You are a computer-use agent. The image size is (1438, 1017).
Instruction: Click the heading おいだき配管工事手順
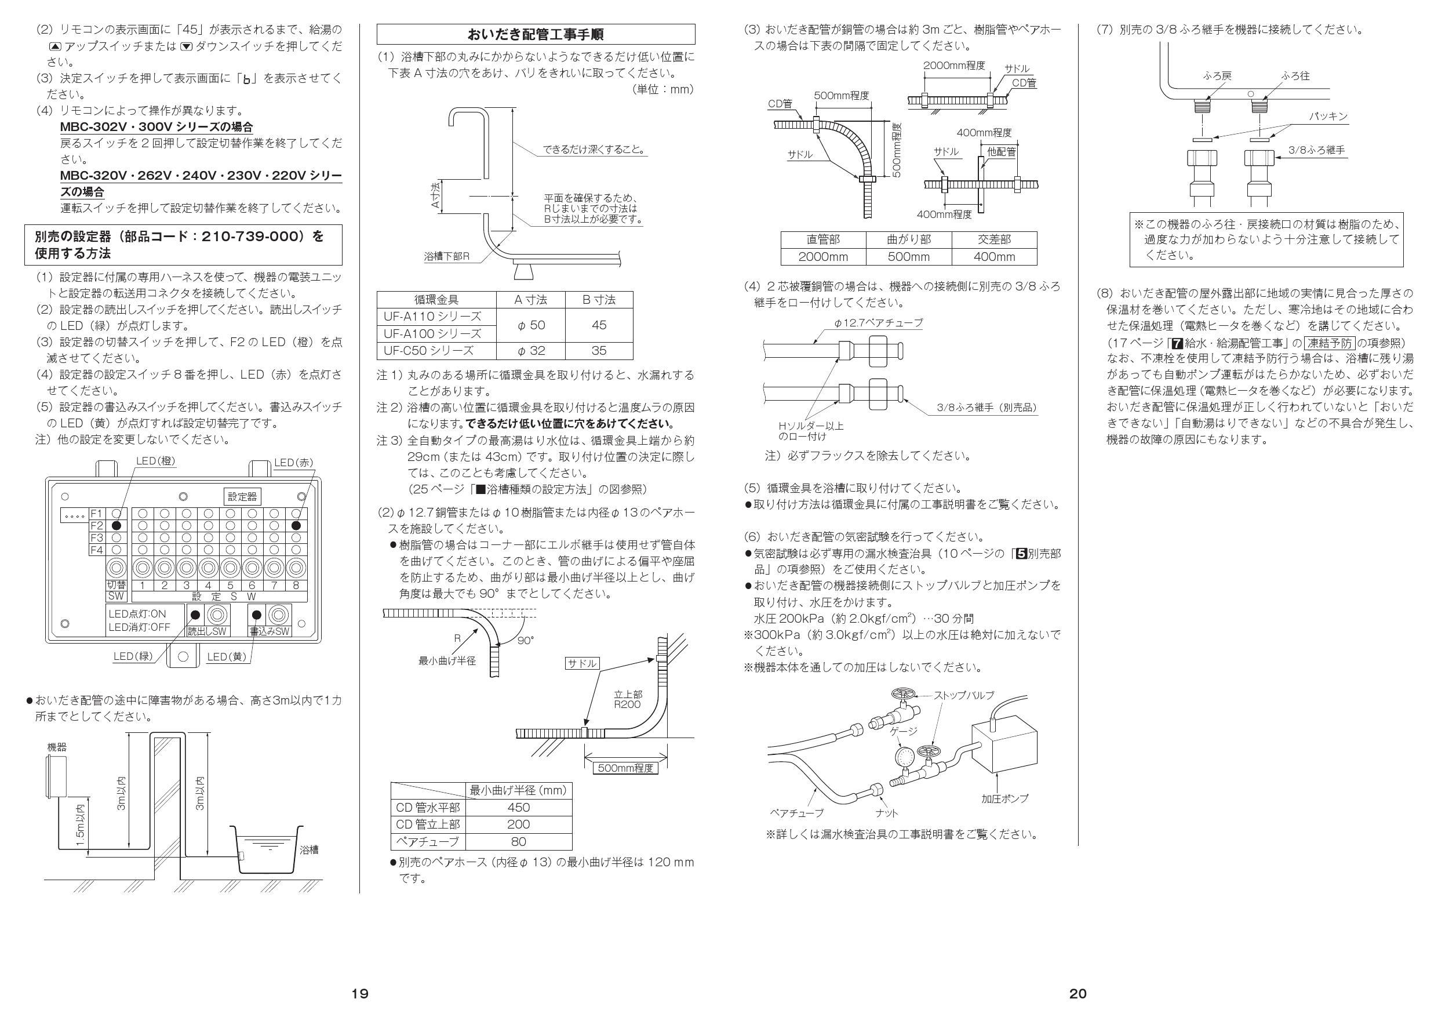coord(536,34)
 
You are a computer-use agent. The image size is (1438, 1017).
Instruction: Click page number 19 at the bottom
coord(359,993)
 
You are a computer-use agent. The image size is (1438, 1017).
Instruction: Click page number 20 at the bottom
coord(1078,993)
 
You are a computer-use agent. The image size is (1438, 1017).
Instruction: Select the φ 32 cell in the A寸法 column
coord(530,350)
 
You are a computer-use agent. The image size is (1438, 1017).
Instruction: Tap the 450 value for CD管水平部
coord(518,808)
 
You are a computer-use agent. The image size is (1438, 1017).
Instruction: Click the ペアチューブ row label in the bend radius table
coord(427,841)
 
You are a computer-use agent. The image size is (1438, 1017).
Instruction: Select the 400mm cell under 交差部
coord(994,257)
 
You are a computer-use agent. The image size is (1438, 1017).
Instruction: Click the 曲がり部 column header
coord(909,240)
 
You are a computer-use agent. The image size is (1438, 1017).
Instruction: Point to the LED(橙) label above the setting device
coord(155,461)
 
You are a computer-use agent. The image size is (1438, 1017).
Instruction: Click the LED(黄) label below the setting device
coord(226,656)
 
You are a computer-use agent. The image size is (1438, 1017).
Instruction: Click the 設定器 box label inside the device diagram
coord(242,496)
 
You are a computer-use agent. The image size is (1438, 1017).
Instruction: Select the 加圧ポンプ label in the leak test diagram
coord(1004,798)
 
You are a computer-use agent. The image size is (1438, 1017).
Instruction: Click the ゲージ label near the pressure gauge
coord(904,731)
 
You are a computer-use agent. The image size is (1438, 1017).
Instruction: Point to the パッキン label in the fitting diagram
coord(1328,117)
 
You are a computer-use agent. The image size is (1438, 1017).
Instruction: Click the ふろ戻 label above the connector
coord(1218,76)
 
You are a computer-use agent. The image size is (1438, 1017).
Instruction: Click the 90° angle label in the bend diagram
coord(526,640)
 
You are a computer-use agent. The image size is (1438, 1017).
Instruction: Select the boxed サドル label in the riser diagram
coord(582,663)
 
